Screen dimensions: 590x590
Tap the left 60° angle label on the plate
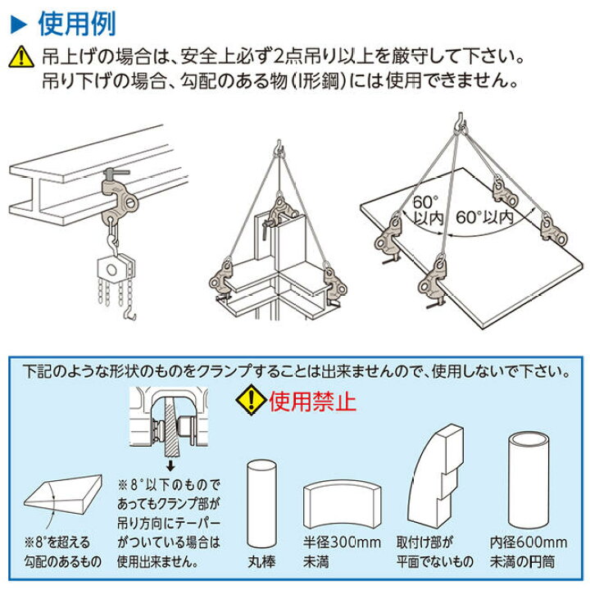click(424, 199)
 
